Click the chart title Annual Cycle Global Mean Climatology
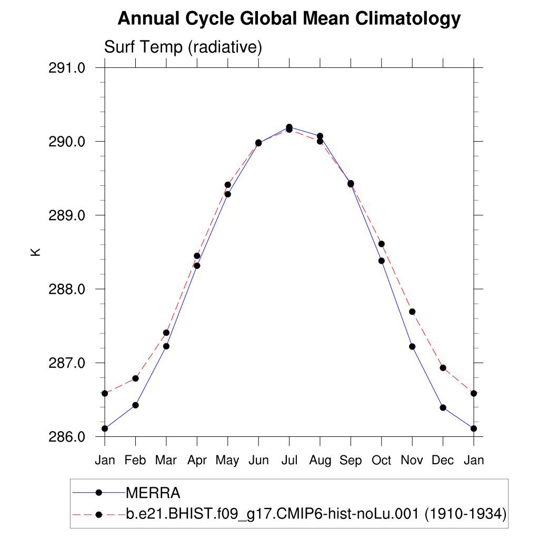[289, 19]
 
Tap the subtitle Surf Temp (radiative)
[183, 47]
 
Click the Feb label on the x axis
[135, 461]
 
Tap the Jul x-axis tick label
[289, 461]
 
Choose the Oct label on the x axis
[381, 461]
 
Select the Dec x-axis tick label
[443, 461]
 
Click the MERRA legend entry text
[153, 493]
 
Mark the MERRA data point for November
[412, 346]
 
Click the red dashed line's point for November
[412, 312]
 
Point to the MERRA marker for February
[135, 405]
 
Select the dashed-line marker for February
[135, 378]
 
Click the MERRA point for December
[443, 407]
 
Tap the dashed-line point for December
[443, 368]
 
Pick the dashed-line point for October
[382, 244]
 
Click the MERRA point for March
[166, 346]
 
